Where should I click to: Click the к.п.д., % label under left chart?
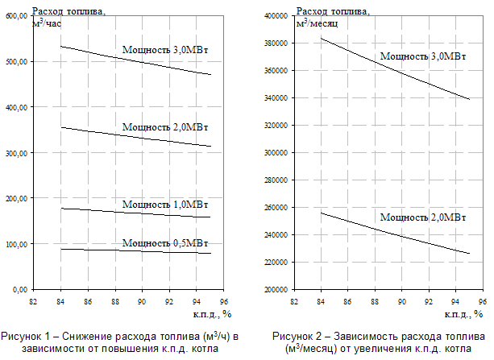tap(213, 312)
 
